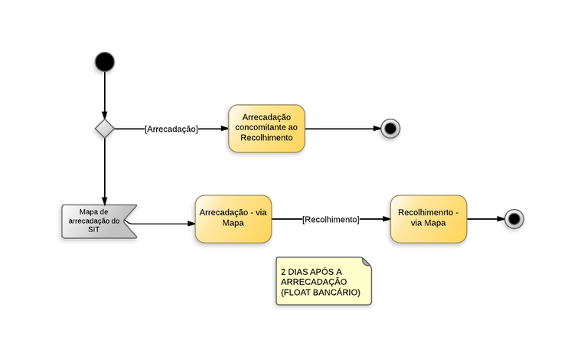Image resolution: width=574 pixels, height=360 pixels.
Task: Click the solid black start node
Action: (x=104, y=62)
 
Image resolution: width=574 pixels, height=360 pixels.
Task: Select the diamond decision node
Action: (x=104, y=129)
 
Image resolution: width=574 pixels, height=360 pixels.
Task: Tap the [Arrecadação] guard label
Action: (x=171, y=129)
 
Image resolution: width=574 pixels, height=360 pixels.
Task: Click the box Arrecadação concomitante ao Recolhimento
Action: (x=266, y=128)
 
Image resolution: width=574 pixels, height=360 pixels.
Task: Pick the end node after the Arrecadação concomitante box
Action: (x=390, y=129)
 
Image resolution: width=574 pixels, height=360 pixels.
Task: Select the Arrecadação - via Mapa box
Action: (x=233, y=218)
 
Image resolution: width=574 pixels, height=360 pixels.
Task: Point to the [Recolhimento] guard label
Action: (x=331, y=219)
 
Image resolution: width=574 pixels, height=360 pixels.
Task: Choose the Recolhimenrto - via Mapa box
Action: (x=428, y=218)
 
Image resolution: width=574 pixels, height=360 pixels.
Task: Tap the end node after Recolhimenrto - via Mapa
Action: (x=514, y=219)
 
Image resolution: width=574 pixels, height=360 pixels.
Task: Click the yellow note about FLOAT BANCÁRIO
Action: (x=323, y=281)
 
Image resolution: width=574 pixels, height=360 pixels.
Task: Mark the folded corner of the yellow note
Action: (x=366, y=262)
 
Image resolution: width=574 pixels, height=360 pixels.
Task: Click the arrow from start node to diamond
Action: (x=104, y=96)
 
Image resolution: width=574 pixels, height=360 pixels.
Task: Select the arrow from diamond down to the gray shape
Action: (x=104, y=172)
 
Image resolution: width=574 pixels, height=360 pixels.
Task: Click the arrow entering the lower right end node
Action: (x=485, y=219)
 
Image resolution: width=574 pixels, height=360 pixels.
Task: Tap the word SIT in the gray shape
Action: (x=94, y=229)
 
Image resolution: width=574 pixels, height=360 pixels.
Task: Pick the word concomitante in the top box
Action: (x=266, y=127)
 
